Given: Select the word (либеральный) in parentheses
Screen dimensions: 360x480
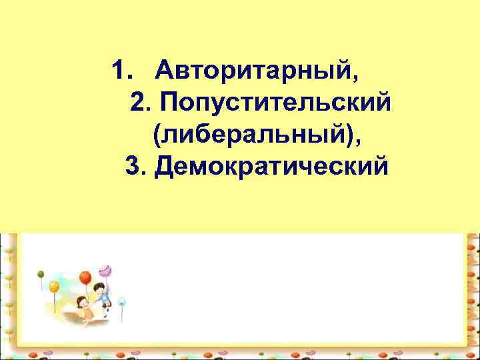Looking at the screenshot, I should pyautogui.click(x=254, y=135).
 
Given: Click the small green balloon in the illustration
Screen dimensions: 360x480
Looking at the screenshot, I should pyautogui.click(x=40, y=273).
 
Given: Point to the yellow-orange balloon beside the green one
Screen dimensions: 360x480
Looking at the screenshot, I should pyautogui.click(x=54, y=286).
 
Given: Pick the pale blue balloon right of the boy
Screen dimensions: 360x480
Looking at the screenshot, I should pyautogui.click(x=121, y=301).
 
